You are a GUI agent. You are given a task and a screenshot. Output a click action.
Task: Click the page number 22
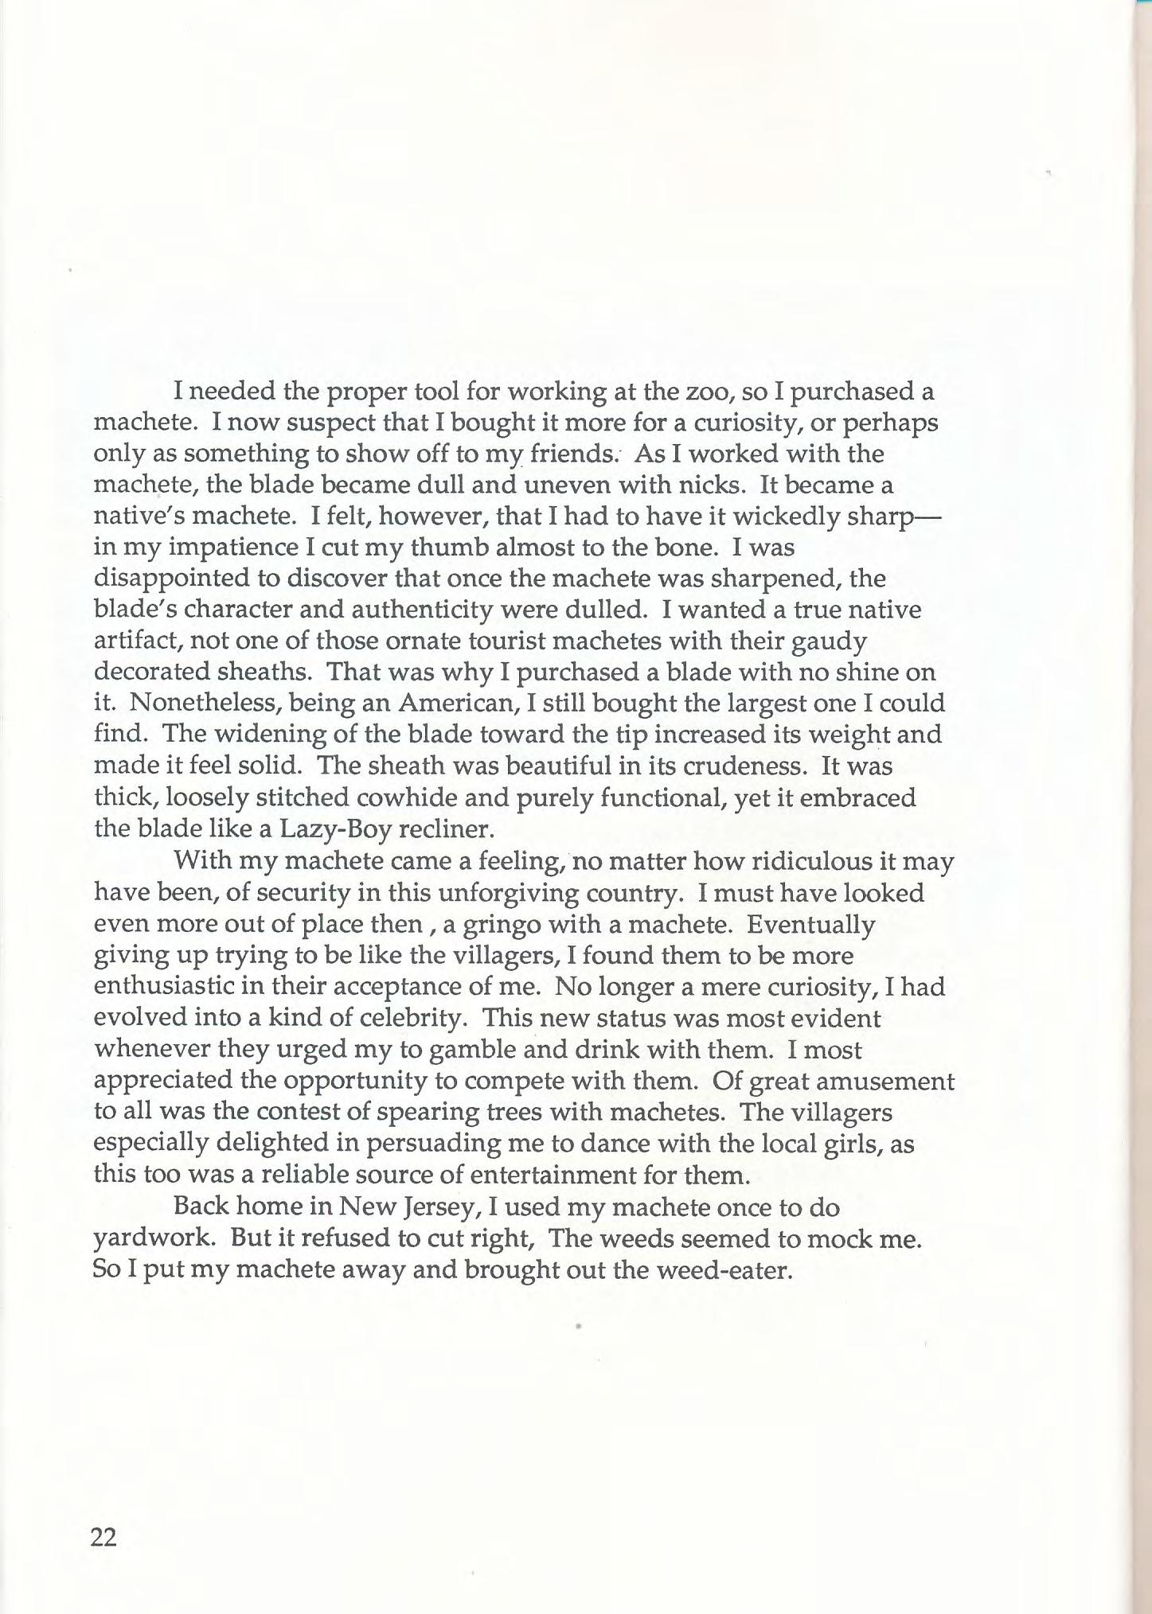click(104, 1538)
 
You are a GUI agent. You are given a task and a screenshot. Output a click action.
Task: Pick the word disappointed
click(172, 579)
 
